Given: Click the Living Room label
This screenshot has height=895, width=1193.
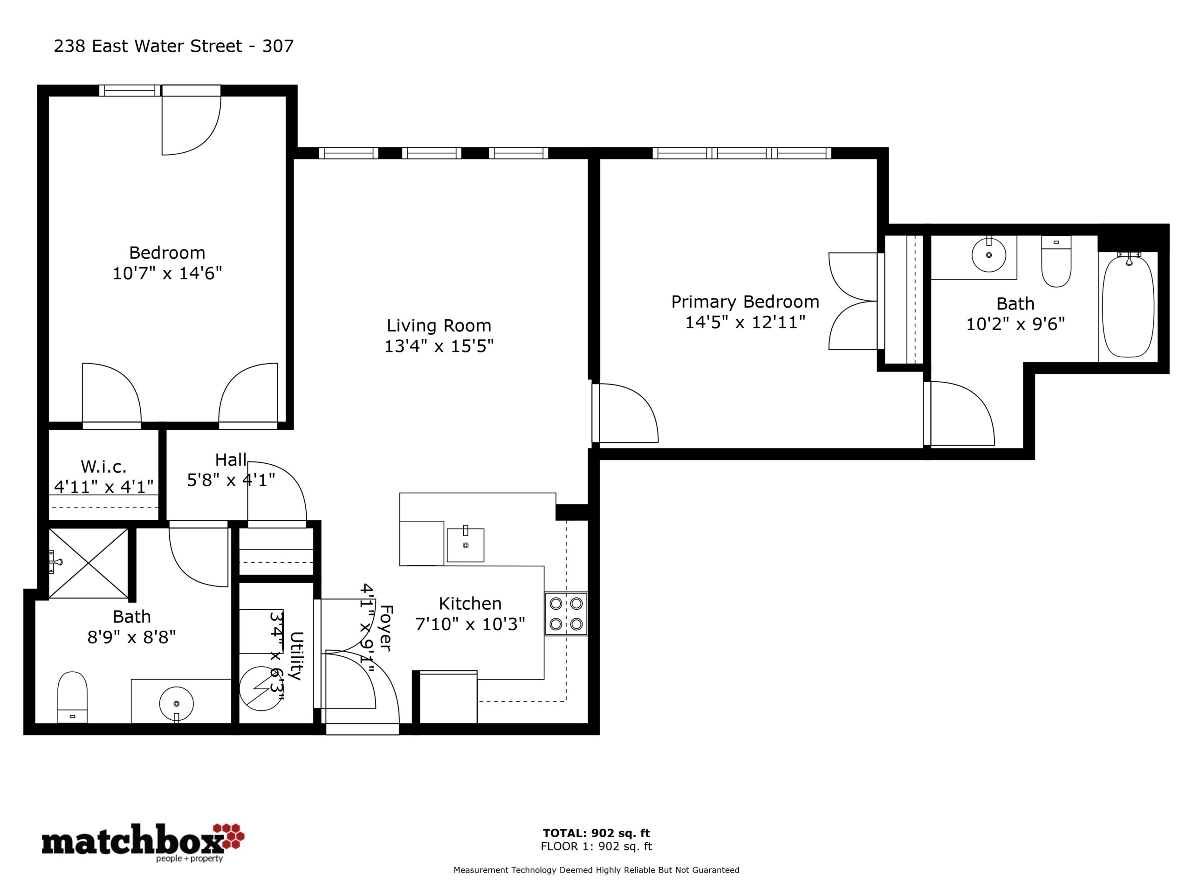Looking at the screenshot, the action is pyautogui.click(x=439, y=325).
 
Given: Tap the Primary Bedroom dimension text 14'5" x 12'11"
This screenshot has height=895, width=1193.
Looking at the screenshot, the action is pyautogui.click(x=745, y=322).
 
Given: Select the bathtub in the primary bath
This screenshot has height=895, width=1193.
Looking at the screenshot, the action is pyautogui.click(x=1128, y=307).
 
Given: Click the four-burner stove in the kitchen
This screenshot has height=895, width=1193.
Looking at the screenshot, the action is pyautogui.click(x=566, y=614).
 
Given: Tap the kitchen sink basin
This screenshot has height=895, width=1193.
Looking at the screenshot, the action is pyautogui.click(x=466, y=545).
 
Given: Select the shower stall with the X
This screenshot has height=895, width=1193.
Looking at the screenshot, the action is pyautogui.click(x=89, y=563).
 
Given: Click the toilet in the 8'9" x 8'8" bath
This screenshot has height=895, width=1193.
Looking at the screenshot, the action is pyautogui.click(x=72, y=697).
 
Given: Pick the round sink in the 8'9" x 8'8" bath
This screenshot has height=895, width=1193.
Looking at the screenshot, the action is pyautogui.click(x=176, y=703).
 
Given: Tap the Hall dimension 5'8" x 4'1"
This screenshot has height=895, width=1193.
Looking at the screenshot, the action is pyautogui.click(x=231, y=480).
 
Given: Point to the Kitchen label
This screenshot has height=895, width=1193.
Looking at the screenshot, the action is pyautogui.click(x=470, y=603).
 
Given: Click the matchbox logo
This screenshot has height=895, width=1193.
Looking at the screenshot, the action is pyautogui.click(x=144, y=842).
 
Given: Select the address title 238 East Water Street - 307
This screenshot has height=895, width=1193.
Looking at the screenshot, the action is pyautogui.click(x=174, y=47).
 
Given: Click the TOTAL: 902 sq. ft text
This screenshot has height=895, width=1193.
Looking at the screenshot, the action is pyautogui.click(x=596, y=833).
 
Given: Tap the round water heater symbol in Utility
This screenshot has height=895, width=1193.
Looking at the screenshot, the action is pyautogui.click(x=261, y=689).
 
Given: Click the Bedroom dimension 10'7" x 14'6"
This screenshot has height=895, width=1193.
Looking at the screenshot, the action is pyautogui.click(x=167, y=273).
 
